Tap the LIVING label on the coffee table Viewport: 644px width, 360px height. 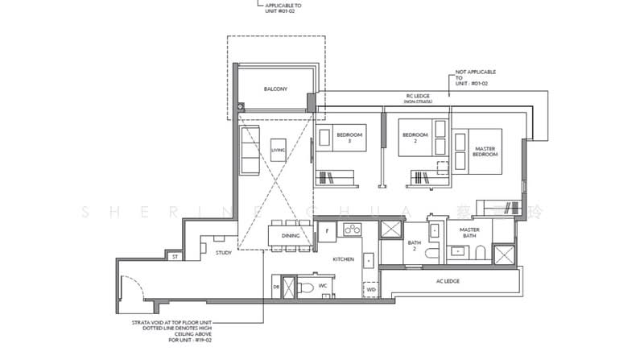pyautogui.click(x=279, y=149)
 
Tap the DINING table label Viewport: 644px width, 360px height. pyautogui.click(x=291, y=235)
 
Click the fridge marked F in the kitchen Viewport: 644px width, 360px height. pyautogui.click(x=327, y=232)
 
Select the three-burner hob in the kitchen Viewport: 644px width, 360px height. pyautogui.click(x=353, y=231)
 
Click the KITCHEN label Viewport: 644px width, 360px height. pyautogui.click(x=345, y=260)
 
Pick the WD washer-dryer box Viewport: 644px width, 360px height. pyautogui.click(x=371, y=288)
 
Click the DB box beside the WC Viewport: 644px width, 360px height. pyautogui.click(x=276, y=288)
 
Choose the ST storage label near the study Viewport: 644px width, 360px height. pyautogui.click(x=174, y=257)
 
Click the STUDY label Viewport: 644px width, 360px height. pyautogui.click(x=224, y=253)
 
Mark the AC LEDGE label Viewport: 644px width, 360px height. pyautogui.click(x=448, y=280)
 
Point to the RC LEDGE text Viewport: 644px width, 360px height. pyautogui.click(x=417, y=99)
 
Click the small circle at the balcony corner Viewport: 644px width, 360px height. pyautogui.click(x=240, y=106)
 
